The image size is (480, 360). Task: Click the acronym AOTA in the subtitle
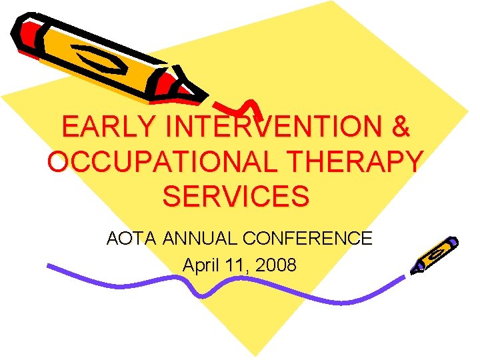(131, 238)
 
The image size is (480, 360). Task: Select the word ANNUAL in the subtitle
(203, 238)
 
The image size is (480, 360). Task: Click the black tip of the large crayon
(199, 93)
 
